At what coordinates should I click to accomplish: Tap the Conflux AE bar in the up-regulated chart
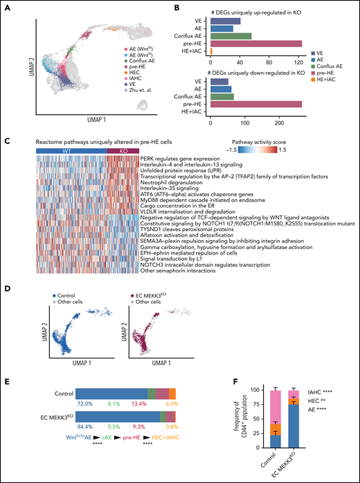[x=231, y=35]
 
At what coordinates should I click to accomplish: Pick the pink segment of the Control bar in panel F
[x=276, y=412]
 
